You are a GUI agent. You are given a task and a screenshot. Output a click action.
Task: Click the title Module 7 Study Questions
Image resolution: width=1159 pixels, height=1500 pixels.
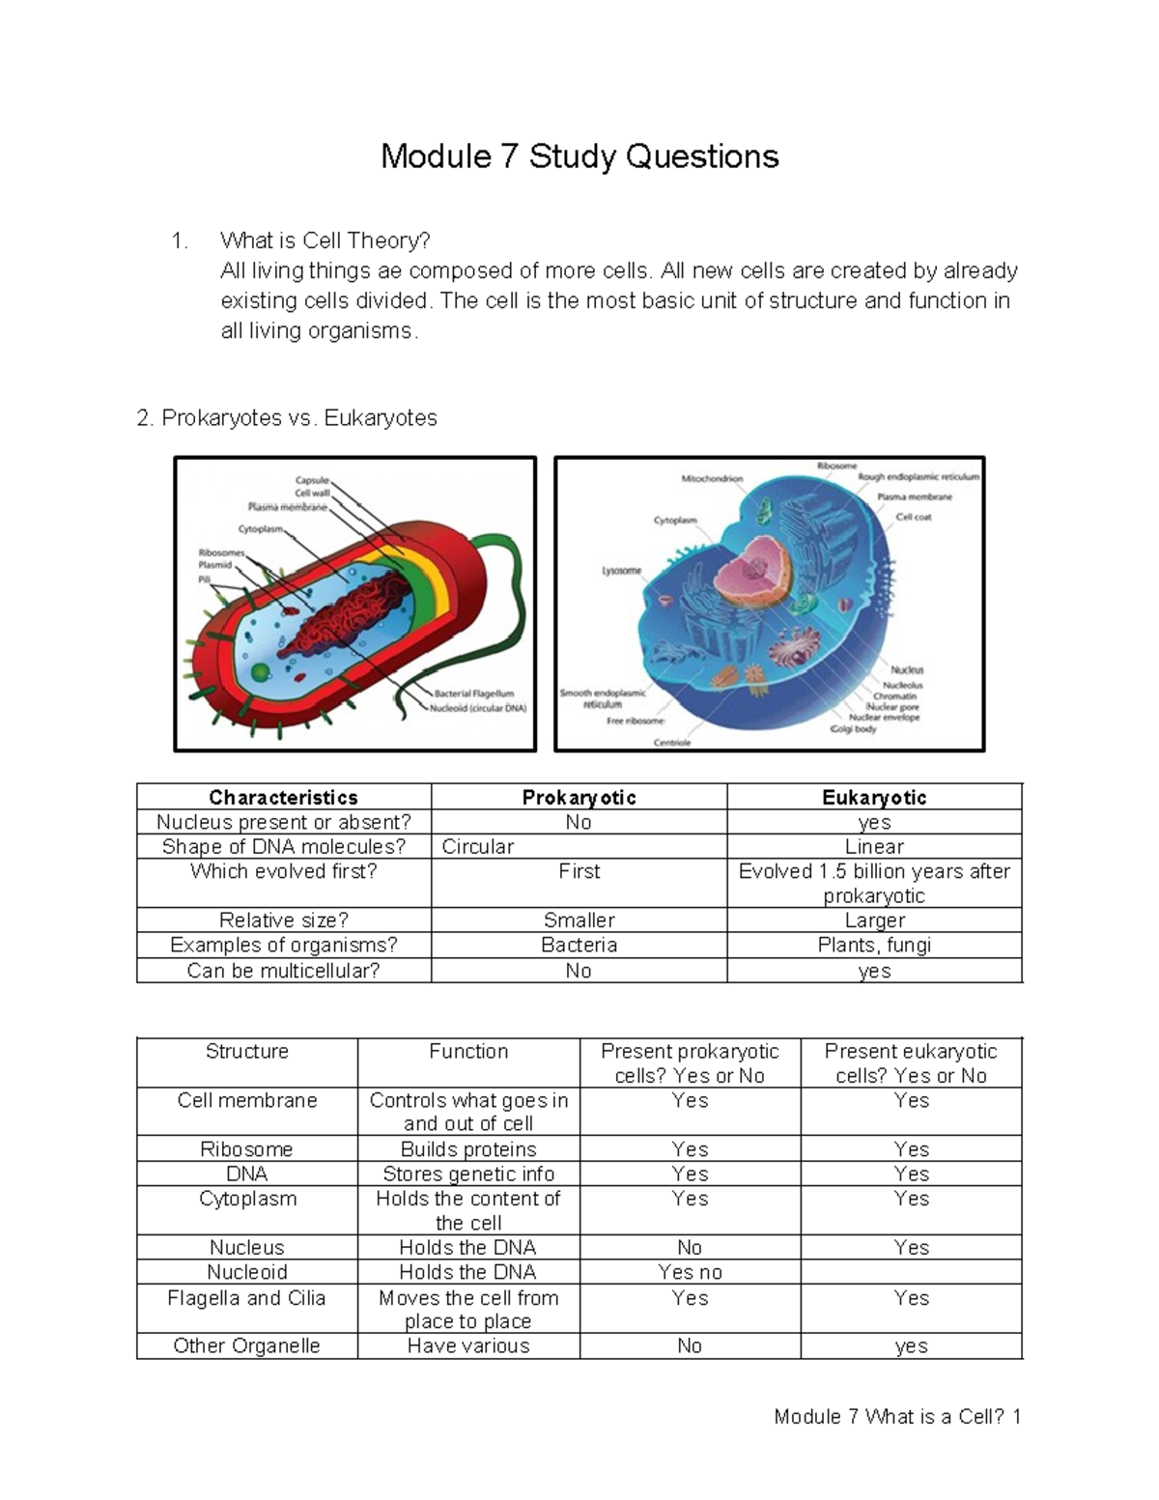point(579,156)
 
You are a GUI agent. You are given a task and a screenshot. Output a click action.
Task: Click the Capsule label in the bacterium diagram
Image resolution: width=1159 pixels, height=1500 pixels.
point(312,479)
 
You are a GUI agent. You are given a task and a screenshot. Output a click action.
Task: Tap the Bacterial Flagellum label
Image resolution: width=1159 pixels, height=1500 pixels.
point(473,693)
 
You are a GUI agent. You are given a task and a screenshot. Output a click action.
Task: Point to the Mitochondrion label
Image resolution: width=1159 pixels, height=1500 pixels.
point(712,478)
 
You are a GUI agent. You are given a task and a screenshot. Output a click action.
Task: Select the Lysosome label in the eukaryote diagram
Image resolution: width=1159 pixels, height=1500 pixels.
point(621,571)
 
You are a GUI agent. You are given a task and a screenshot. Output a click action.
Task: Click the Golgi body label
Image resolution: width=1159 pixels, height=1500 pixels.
point(853,729)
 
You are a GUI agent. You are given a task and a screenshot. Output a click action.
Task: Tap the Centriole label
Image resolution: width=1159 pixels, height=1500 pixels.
point(671,743)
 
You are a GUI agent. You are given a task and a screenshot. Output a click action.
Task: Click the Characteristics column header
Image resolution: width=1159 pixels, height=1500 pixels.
point(283,797)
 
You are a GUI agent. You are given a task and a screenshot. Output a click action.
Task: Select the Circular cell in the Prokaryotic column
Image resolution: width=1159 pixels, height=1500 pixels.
point(478,847)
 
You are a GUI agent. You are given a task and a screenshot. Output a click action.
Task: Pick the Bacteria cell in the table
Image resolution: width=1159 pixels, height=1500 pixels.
point(579,946)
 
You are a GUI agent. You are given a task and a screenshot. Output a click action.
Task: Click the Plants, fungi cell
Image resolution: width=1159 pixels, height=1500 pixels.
point(874,946)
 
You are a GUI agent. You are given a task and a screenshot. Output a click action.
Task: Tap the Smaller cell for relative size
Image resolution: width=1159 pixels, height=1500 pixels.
point(579,920)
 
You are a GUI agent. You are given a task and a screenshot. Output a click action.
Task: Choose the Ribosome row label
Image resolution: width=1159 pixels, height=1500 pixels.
point(246,1149)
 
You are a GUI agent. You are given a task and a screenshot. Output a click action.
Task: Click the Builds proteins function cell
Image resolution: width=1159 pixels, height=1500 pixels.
point(468,1149)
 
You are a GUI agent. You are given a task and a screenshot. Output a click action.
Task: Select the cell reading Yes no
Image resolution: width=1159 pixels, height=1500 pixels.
point(690,1272)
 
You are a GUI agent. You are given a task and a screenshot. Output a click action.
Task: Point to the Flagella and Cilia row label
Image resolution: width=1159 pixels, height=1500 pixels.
point(246,1298)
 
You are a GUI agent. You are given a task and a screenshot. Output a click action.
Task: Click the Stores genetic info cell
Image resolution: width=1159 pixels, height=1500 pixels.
point(468,1175)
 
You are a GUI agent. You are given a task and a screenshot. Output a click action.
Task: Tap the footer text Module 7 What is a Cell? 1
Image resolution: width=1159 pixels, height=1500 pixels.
point(897,1417)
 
